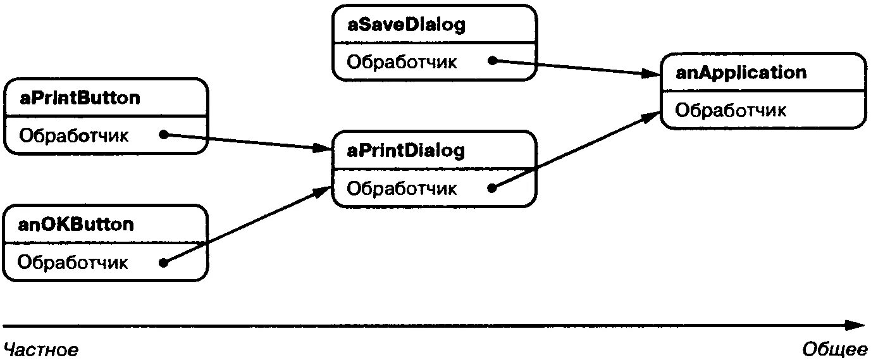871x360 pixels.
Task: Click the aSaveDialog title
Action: point(406,25)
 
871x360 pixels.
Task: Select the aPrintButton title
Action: point(80,98)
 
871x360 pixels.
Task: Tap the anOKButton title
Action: point(76,225)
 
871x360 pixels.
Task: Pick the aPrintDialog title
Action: point(406,151)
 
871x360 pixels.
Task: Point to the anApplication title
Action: point(741,72)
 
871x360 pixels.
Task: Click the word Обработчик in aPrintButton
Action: point(74,135)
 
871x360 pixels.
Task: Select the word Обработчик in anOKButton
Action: point(73,262)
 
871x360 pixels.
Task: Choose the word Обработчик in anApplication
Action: point(731,110)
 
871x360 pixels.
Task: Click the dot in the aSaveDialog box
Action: point(491,61)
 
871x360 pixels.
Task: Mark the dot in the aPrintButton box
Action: point(163,134)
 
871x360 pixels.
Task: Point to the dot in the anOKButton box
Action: point(163,263)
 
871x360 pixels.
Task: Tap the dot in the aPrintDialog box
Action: point(491,187)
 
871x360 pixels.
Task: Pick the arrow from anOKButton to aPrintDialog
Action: point(247,225)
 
